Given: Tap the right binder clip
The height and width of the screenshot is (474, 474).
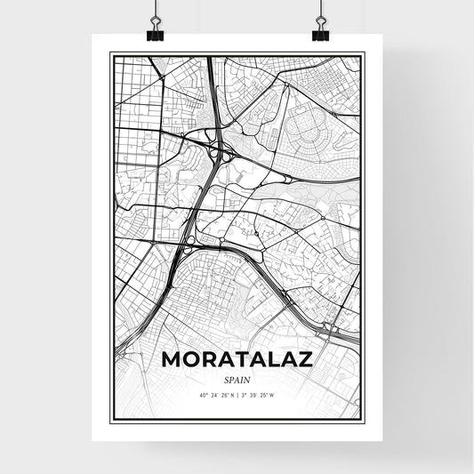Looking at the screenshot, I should tap(319, 29).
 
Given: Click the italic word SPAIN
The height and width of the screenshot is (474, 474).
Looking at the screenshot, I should tap(237, 377).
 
